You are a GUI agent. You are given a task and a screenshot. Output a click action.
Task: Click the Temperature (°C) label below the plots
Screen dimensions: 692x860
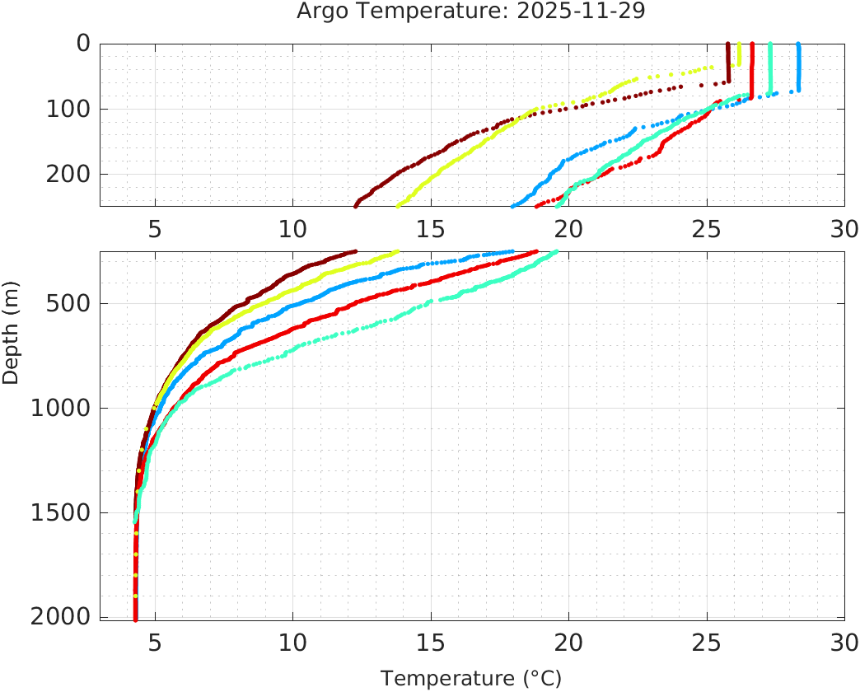(x=471, y=679)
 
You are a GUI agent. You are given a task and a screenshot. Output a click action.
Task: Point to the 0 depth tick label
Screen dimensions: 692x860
(x=84, y=44)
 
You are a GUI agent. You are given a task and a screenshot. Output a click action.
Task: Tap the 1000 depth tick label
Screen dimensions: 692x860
(x=60, y=408)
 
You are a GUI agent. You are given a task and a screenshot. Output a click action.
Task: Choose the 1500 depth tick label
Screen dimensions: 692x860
(x=60, y=512)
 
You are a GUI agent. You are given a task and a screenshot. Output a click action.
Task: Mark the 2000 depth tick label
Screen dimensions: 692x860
(x=60, y=616)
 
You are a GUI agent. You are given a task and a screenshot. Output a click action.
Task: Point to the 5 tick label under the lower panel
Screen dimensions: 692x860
(x=155, y=642)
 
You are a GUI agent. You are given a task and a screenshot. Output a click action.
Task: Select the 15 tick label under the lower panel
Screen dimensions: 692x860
(x=431, y=642)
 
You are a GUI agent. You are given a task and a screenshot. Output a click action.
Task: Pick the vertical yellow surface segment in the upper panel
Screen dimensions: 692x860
(x=739, y=54)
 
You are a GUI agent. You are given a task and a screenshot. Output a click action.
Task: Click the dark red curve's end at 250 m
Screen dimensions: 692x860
(x=356, y=205)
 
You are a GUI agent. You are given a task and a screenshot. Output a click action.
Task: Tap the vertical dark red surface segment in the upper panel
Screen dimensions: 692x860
(x=728, y=63)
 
